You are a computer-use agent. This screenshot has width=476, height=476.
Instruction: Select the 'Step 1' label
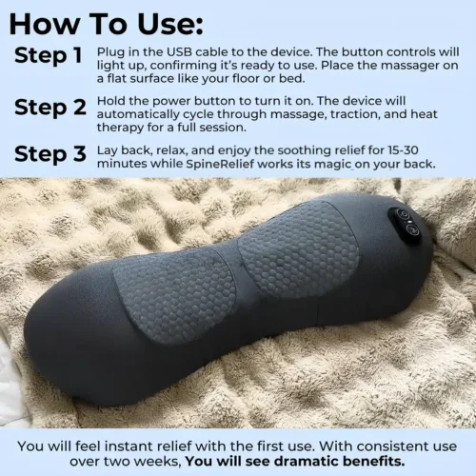pos(48,55)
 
